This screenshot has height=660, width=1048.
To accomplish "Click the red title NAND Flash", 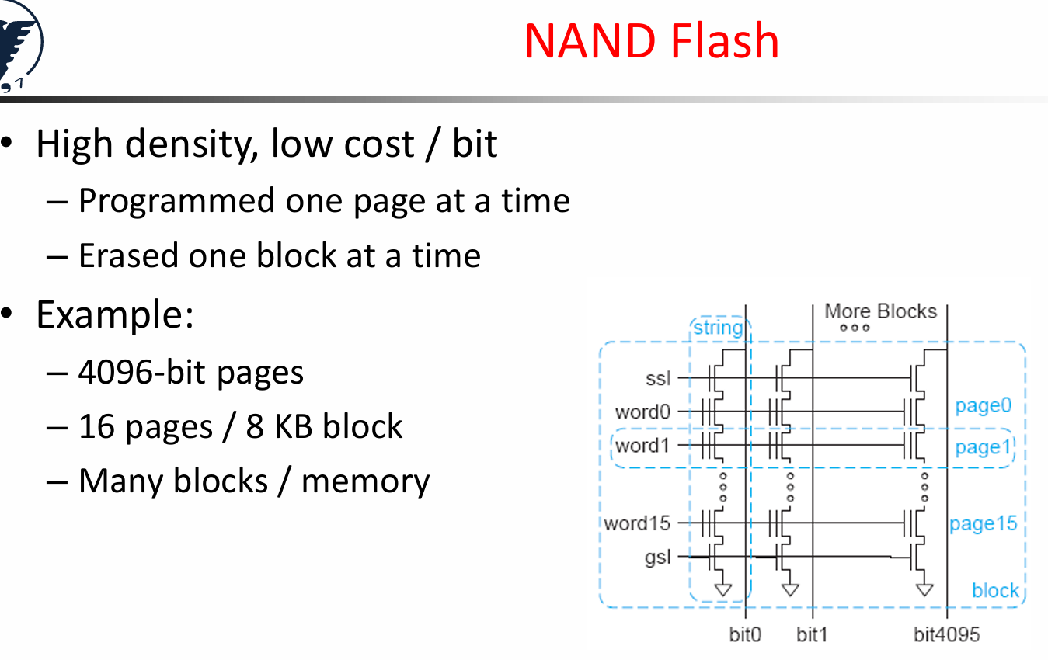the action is point(651,41).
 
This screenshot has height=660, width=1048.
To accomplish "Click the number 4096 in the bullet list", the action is point(115,373).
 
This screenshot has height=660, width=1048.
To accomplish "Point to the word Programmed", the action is point(176,202).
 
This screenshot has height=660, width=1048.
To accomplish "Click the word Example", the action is point(115,315).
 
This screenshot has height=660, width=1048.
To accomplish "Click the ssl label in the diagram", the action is point(658,378).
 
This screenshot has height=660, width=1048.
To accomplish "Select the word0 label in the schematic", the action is point(642,412).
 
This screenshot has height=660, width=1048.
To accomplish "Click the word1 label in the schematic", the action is point(642,446).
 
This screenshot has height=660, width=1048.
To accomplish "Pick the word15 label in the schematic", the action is point(637,523).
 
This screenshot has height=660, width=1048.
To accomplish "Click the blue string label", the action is point(718,328).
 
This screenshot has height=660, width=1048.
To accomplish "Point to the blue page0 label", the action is point(984,406).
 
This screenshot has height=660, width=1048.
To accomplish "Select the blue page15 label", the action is point(984,524).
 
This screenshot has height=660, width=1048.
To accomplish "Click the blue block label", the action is point(996,590).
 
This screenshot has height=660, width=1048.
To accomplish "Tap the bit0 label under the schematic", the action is point(745,634).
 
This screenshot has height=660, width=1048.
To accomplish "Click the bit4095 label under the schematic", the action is point(947,634).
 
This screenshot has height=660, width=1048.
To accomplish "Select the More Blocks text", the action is point(880,311).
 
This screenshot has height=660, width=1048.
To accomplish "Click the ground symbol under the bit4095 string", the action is point(924,589).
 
